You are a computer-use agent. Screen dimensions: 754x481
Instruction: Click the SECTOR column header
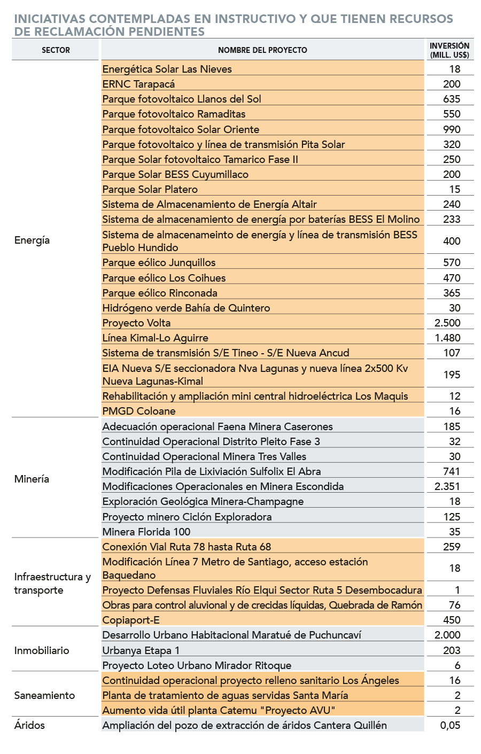[x=56, y=50]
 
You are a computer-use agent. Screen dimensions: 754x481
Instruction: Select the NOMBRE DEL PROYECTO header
[x=262, y=50]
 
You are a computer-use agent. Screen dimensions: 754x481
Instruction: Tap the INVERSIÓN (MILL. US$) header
[x=449, y=50]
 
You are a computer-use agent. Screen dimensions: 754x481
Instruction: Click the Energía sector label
[x=32, y=240]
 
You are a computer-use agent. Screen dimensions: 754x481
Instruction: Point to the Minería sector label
[x=32, y=479]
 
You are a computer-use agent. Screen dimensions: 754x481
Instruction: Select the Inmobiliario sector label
[x=42, y=650]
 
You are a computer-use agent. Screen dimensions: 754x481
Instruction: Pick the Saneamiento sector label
[x=44, y=695]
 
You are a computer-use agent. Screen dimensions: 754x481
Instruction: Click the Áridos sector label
[x=29, y=725]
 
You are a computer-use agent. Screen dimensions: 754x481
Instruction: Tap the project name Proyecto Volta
[x=136, y=323]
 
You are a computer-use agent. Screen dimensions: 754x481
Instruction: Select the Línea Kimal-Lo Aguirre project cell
[x=155, y=338]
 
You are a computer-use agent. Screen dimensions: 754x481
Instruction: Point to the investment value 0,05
[x=450, y=725]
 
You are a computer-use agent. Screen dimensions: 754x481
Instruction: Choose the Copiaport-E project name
[x=131, y=620]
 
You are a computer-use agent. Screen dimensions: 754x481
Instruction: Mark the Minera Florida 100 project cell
[x=146, y=532]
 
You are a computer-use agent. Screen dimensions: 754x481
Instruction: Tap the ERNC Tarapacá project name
[x=138, y=84]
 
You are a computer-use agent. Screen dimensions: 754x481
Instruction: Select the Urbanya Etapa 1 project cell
[x=141, y=650]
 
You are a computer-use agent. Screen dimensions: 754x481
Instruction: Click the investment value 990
[x=452, y=129]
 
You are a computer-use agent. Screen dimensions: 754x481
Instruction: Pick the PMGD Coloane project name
[x=139, y=411]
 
